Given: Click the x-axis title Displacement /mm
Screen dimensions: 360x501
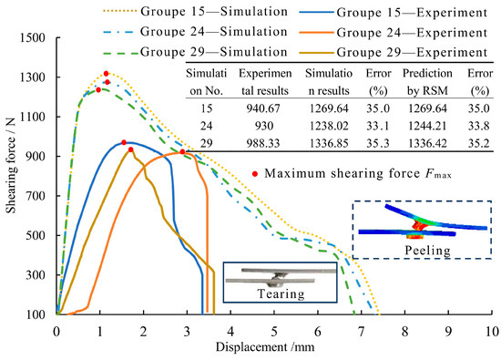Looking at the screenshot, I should point(274,346).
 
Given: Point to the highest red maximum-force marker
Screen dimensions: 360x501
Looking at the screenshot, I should point(107,74).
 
